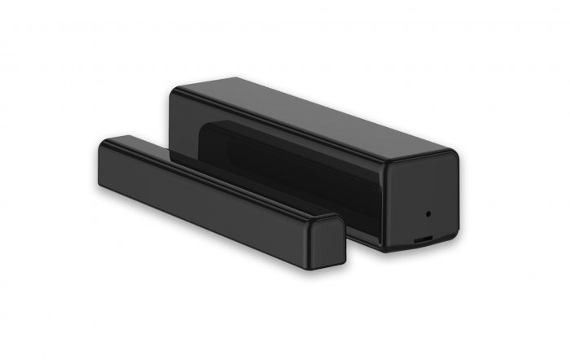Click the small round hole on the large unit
pos(428,214)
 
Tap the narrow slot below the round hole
pos(424,240)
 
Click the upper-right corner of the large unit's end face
pos(455,156)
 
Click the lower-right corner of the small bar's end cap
pos(343,261)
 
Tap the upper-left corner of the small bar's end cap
pos(314,222)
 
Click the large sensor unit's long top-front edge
pos(277,130)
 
